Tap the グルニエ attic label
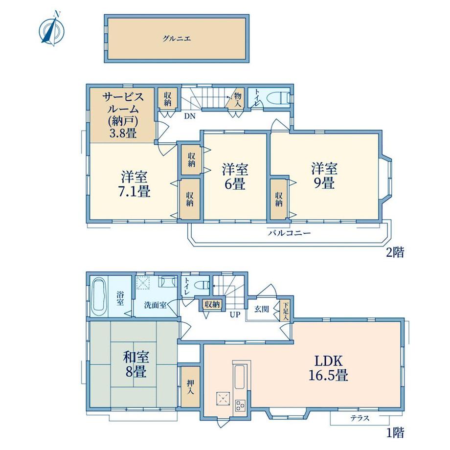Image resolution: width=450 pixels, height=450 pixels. tap(177, 39)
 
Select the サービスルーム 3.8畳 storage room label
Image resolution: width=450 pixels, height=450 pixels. tap(123, 115)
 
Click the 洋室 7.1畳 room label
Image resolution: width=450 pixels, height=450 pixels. tap(135, 184)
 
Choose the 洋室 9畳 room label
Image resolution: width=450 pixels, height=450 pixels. tap(325, 176)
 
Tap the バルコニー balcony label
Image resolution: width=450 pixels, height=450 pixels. tap(290, 233)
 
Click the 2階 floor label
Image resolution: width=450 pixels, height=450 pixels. tap(395, 252)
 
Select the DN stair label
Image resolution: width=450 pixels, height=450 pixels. tap(190, 116)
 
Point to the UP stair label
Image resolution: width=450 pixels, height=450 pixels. tap(235, 315)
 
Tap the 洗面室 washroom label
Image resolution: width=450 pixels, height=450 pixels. tap(155, 305)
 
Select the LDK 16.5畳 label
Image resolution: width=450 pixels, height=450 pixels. tap(329, 368)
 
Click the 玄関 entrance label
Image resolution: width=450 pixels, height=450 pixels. tap(262, 309)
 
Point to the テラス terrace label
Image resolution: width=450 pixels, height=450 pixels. tap(360, 418)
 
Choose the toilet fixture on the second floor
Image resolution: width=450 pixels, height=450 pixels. tap(278, 97)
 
